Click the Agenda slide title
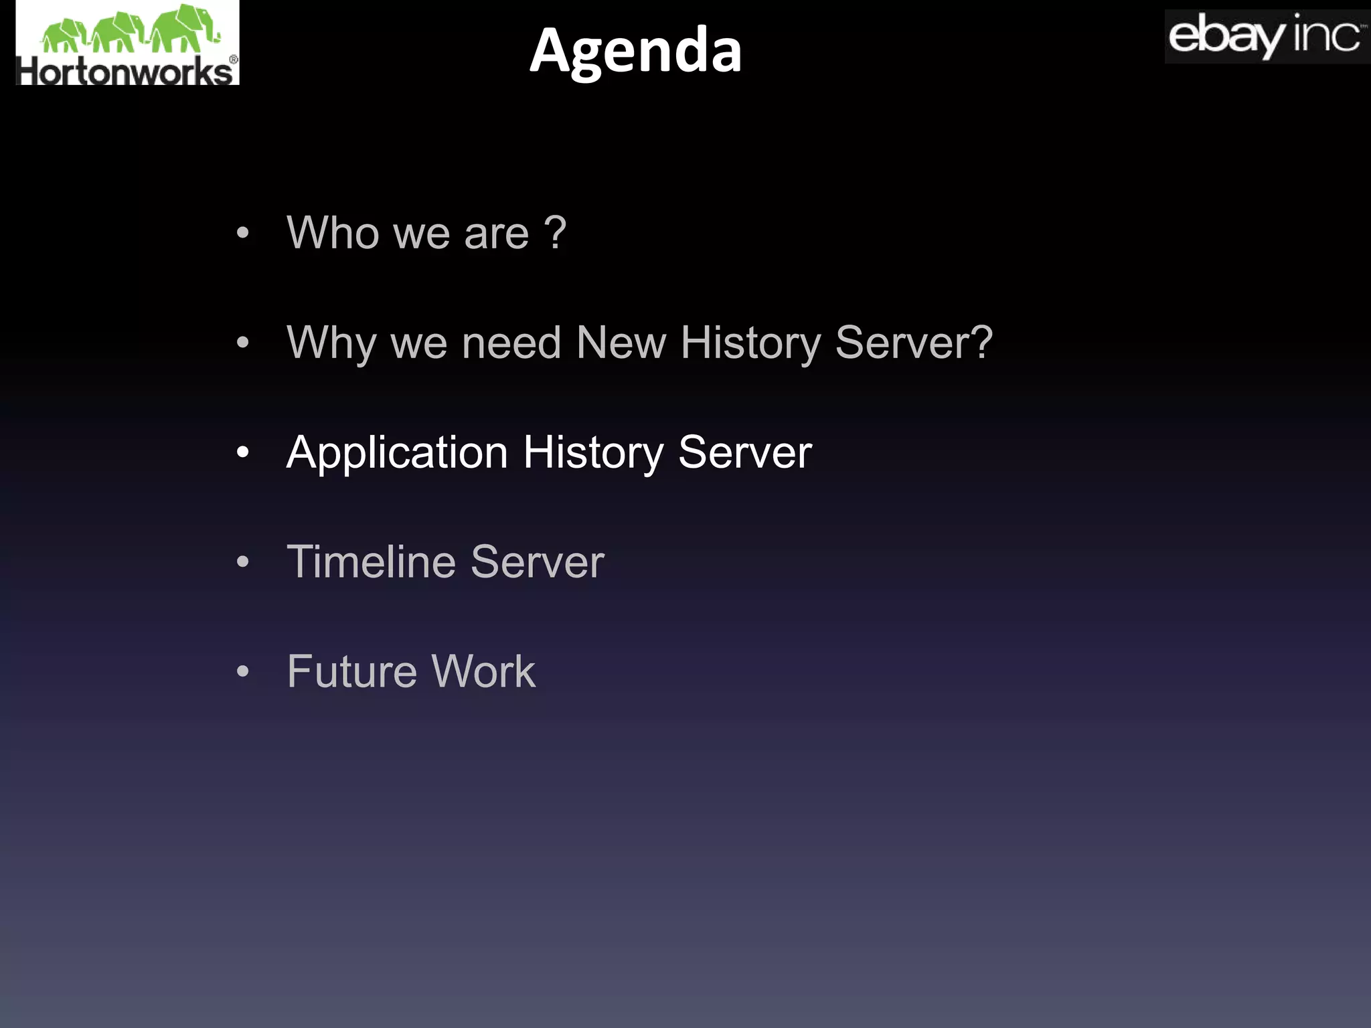point(635,50)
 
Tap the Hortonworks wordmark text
point(126,72)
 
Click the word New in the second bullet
point(621,343)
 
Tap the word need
point(511,343)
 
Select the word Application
point(397,454)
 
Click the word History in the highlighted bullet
point(592,453)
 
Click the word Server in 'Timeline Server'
point(537,562)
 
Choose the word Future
point(352,671)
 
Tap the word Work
point(483,671)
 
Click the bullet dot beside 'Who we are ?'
point(243,234)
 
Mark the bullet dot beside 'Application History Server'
point(243,453)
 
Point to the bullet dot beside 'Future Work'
point(243,671)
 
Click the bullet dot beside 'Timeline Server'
point(243,562)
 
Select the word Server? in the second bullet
point(914,343)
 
